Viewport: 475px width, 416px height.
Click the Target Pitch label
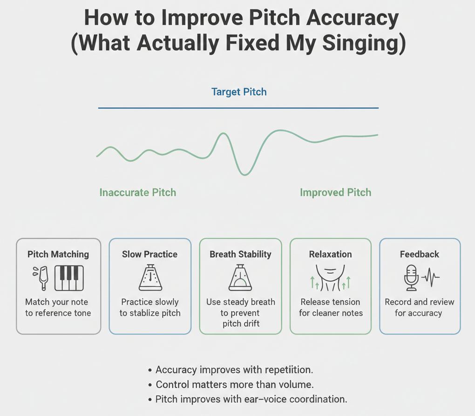[239, 92]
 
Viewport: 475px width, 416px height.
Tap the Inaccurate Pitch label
[138, 192]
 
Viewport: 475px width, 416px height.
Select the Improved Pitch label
[336, 192]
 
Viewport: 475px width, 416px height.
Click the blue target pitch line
[238, 108]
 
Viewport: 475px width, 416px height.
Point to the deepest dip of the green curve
[244, 174]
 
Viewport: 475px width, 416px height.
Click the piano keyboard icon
[69, 278]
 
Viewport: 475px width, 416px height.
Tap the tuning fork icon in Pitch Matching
[41, 277]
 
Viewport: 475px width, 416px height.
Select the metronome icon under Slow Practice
[150, 277]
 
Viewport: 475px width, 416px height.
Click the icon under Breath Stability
[240, 277]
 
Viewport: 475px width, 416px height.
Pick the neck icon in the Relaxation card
[330, 277]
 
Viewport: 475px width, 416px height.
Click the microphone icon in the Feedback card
[411, 277]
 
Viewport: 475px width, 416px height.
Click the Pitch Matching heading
[58, 254]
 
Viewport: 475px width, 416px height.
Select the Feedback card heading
[419, 254]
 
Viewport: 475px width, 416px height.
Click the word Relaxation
[331, 254]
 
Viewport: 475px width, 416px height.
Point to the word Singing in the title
[364, 43]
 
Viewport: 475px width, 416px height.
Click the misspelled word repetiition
[289, 370]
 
